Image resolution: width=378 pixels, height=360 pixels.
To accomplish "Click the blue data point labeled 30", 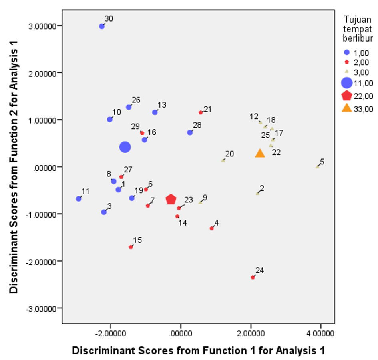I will point(102,26).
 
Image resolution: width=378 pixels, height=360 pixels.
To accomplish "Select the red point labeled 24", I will point(253,277).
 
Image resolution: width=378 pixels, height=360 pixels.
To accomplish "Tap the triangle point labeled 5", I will point(318,166).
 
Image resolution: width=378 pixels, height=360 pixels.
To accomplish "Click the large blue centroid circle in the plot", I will point(125,147).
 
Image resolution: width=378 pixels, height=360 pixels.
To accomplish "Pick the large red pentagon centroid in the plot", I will point(171,199).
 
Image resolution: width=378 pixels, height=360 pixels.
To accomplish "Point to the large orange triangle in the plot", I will point(260,154).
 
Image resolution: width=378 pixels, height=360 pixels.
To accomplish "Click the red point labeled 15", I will point(131,247).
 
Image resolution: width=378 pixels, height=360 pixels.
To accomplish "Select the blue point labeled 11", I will point(78,199).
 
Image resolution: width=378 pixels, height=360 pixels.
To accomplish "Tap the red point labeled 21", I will point(201,112).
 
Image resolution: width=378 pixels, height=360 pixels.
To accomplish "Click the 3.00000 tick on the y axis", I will point(43,26).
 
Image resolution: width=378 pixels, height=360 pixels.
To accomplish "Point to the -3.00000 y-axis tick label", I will point(42,308).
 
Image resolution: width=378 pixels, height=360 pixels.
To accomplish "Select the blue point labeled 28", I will point(190,132).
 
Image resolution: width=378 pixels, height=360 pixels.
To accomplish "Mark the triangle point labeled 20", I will point(223,160).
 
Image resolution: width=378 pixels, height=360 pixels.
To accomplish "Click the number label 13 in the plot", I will point(162,105).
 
